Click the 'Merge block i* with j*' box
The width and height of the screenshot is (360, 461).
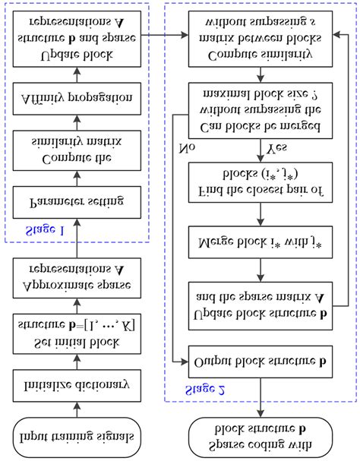[260, 244]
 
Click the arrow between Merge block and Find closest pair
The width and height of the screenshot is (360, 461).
[260, 215]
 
